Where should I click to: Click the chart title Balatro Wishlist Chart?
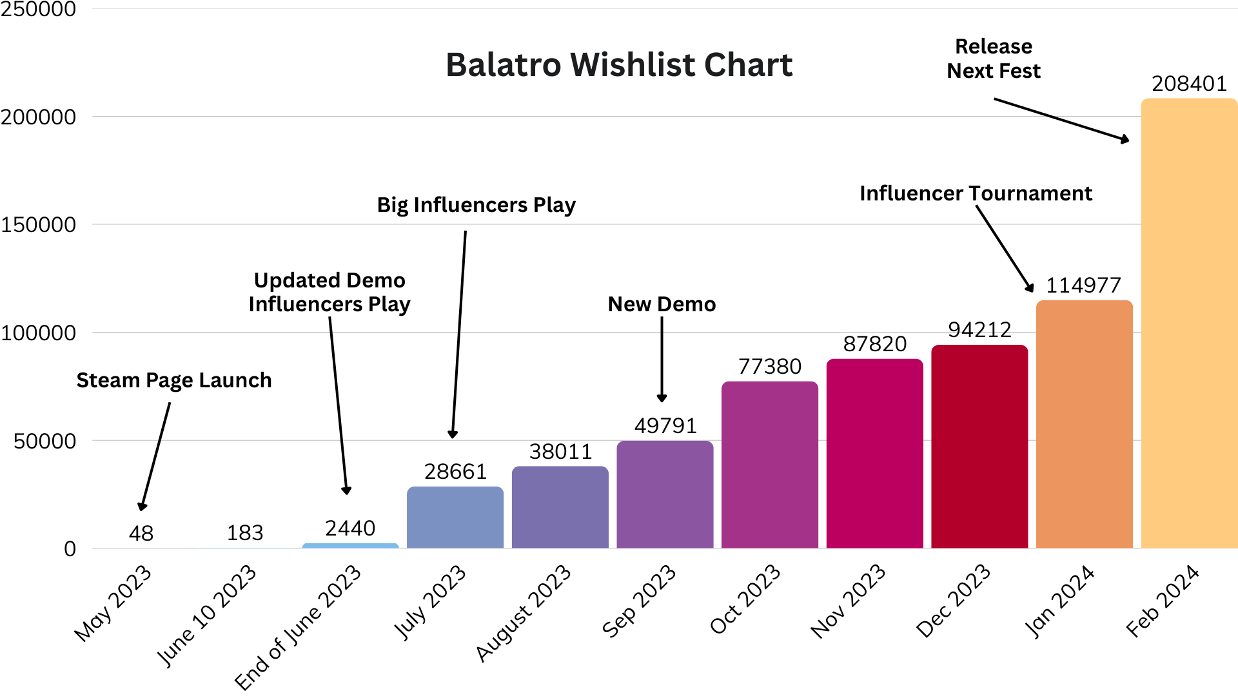click(619, 64)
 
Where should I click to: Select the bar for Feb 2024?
click(1189, 324)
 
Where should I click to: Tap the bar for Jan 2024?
click(1085, 424)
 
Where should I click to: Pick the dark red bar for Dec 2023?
click(979, 447)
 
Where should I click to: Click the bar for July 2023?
click(455, 517)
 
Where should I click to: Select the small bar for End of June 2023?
click(350, 546)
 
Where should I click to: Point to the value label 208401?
click(1189, 84)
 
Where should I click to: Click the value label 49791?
click(665, 426)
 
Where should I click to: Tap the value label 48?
click(141, 534)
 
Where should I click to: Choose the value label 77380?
click(770, 367)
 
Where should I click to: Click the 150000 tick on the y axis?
click(39, 225)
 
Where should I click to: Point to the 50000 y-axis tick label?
click(45, 441)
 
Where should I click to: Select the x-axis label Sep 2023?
click(639, 601)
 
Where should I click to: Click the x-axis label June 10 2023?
click(206, 615)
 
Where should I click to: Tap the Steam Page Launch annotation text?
click(174, 380)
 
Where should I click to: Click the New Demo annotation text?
click(662, 304)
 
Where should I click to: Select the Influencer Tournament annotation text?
click(976, 193)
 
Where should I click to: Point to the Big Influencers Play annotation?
click(477, 205)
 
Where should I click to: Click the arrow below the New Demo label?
click(662, 360)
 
